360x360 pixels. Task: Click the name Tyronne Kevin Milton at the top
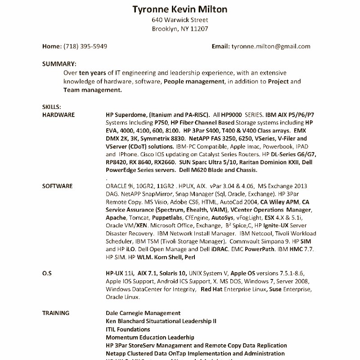click(x=180, y=9)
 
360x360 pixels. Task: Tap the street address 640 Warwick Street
click(x=180, y=20)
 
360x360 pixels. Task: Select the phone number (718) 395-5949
click(x=85, y=46)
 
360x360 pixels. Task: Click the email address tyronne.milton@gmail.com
click(x=270, y=46)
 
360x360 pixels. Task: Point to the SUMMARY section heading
click(x=59, y=64)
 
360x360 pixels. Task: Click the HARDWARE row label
click(x=58, y=115)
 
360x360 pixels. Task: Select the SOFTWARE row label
click(x=57, y=186)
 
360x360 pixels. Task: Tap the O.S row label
click(x=47, y=273)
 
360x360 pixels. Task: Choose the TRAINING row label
click(x=56, y=313)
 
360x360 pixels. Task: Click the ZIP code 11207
click(x=200, y=29)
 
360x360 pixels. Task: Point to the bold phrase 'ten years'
click(x=93, y=72)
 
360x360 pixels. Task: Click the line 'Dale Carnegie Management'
click(x=143, y=313)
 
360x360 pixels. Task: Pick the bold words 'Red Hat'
click(x=211, y=289)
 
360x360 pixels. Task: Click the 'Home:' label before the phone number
click(x=52, y=46)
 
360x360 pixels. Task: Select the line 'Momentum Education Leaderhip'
click(x=150, y=337)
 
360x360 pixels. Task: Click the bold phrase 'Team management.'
click(x=92, y=90)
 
